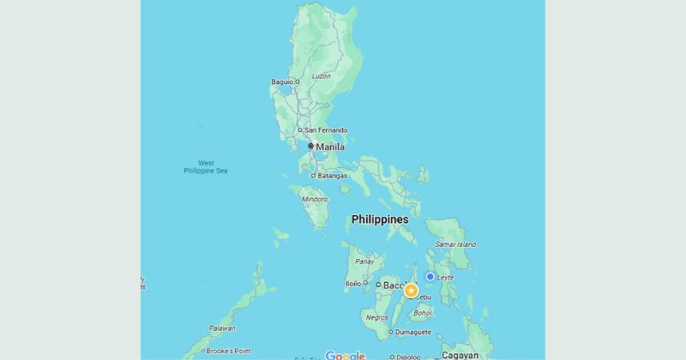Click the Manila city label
330,147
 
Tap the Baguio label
281,81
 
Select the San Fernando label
326,129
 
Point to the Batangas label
332,176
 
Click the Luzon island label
321,76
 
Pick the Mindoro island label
315,199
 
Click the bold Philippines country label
380,219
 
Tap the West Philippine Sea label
206,166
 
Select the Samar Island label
455,244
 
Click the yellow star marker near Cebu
411,291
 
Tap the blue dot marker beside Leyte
430,276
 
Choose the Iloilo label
352,283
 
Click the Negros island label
377,317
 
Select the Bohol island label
423,313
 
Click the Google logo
345,356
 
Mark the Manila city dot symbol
311,147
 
